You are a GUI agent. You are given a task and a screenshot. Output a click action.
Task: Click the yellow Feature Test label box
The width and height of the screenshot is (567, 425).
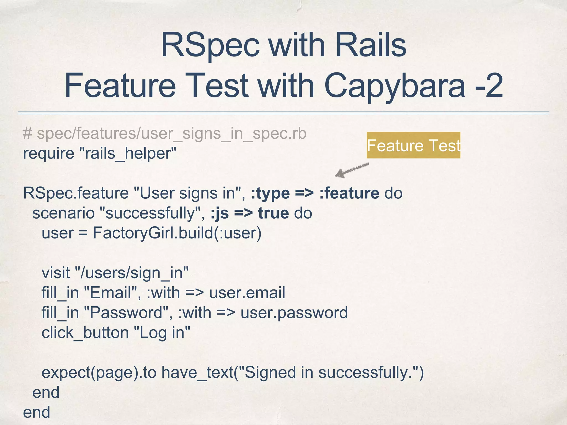(413, 145)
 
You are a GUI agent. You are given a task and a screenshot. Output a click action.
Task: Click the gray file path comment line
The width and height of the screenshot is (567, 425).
(165, 133)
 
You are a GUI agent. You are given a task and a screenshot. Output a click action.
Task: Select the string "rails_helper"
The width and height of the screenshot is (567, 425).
(128, 154)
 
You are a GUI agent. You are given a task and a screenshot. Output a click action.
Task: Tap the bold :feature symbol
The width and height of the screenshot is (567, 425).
(349, 193)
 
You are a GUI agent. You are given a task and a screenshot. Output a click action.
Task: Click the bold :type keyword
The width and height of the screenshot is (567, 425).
(270, 193)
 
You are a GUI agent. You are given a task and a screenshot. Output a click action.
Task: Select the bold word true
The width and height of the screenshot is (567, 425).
(273, 213)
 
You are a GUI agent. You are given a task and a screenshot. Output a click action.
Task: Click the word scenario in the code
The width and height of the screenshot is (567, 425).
(63, 213)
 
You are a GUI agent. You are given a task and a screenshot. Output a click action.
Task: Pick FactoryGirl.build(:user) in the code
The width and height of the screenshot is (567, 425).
(177, 233)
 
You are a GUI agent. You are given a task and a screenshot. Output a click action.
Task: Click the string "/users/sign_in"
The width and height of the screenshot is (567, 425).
(132, 273)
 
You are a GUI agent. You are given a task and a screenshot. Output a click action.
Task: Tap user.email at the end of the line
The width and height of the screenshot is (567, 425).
(247, 293)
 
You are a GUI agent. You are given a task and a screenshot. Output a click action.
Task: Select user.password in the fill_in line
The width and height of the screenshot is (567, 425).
(294, 313)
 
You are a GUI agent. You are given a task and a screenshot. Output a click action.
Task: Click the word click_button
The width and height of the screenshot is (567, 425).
(85, 333)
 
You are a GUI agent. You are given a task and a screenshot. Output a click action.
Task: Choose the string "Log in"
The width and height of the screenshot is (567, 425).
(162, 333)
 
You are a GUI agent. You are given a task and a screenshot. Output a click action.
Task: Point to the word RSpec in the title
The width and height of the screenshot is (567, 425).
(210, 45)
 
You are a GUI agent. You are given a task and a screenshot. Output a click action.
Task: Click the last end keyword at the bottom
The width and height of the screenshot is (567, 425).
(37, 412)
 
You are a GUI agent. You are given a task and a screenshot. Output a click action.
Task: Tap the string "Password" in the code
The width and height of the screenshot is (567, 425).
(126, 313)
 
